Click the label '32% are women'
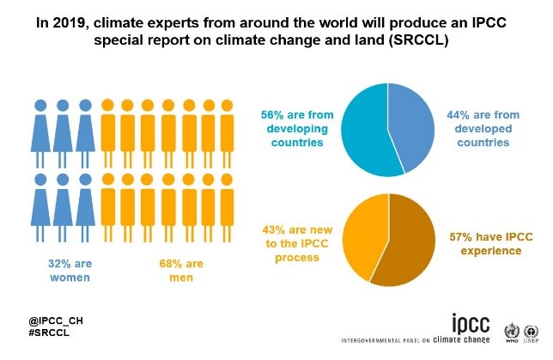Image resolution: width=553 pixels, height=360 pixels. [70, 271]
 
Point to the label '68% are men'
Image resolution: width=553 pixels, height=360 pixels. [181, 271]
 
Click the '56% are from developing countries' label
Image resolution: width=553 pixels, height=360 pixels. [297, 129]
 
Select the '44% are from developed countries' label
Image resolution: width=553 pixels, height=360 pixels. [483, 129]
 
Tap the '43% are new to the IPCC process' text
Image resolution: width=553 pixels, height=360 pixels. [297, 243]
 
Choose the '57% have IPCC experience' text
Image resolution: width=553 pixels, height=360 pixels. [491, 243]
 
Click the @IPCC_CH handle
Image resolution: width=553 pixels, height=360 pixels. [56, 320]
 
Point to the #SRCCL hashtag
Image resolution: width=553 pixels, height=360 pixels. [49, 333]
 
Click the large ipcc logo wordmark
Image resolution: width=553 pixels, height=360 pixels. [471, 323]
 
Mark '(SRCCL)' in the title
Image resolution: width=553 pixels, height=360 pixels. [418, 40]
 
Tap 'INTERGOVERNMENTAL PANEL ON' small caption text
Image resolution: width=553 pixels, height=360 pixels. [386, 340]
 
